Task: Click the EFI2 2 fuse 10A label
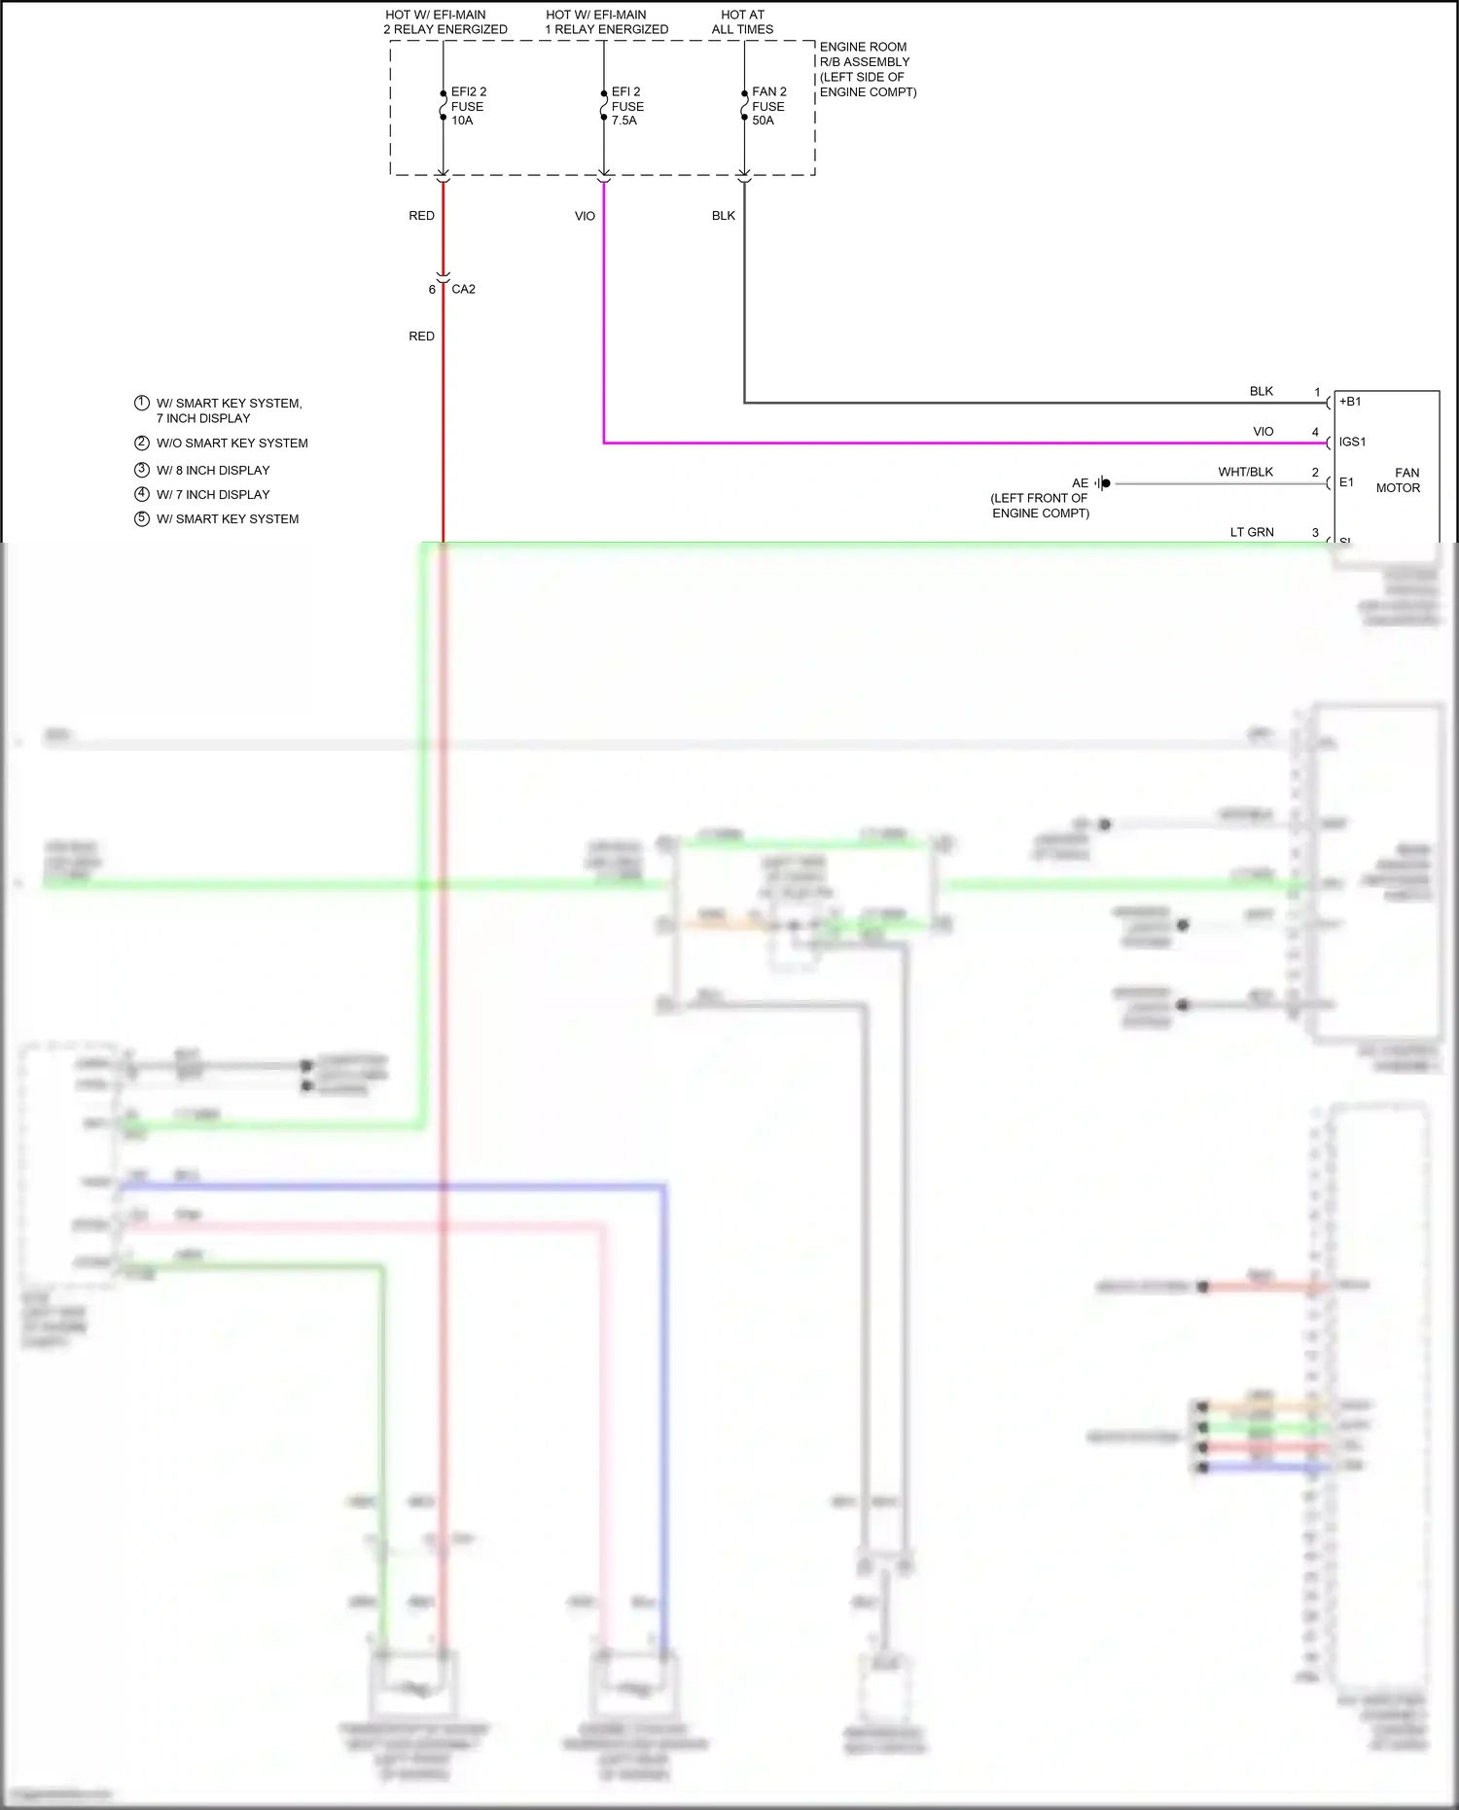tap(468, 106)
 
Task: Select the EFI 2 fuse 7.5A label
tap(627, 106)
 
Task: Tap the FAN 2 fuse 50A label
tap(768, 106)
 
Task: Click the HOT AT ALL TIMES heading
tap(742, 22)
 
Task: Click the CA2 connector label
tap(463, 289)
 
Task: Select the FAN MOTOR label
tap(1398, 480)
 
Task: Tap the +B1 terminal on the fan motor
tap(1350, 402)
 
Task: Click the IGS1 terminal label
tap(1352, 443)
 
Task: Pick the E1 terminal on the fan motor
tap(1346, 482)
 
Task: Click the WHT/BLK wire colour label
tap(1245, 472)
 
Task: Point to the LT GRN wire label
tap(1252, 532)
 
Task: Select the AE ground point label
tap(1080, 483)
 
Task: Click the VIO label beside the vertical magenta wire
tap(585, 216)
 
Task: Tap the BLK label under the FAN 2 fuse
tap(724, 216)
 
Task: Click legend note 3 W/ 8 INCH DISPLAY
tap(212, 470)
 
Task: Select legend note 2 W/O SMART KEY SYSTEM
tap(231, 443)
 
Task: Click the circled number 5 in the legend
tap(142, 518)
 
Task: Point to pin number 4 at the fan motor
tap(1315, 432)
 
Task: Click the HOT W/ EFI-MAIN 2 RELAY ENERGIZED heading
tap(445, 22)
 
